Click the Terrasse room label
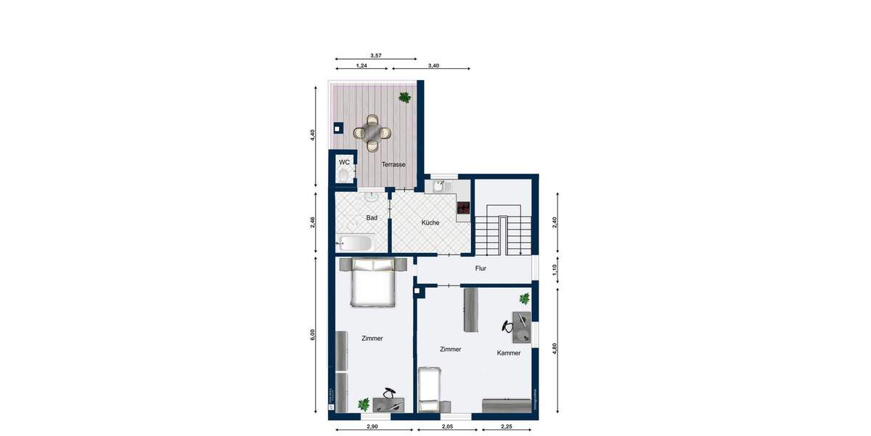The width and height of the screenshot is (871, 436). coord(393,165)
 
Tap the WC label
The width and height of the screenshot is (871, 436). coord(344,162)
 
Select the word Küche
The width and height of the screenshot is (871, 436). coord(430,222)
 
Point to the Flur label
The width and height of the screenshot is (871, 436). coord(480,268)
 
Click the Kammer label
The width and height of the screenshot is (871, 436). coord(509,353)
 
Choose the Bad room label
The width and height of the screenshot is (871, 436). coord(372,217)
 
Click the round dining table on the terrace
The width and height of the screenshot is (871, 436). coord(372,132)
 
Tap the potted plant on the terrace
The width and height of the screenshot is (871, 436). coord(404,97)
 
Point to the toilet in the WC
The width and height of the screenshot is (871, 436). coord(343,175)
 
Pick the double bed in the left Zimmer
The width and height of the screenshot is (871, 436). coord(373,281)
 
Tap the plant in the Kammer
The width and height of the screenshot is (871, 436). coord(524,298)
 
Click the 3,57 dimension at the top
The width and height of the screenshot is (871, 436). coord(376,55)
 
